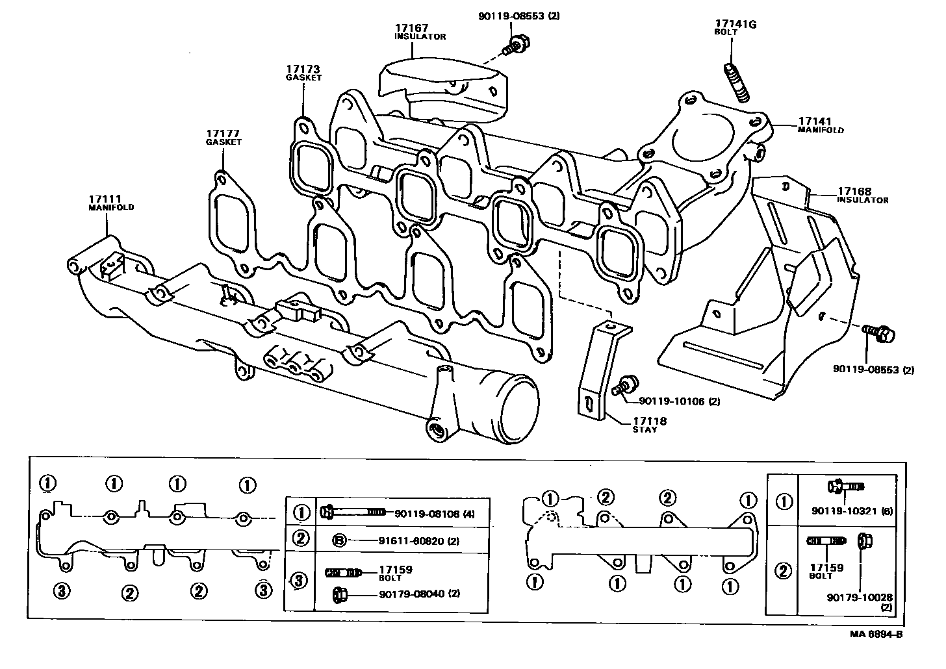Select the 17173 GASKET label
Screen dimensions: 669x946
click(303, 72)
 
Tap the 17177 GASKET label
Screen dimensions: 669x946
click(224, 137)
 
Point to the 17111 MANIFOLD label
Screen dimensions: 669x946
click(111, 203)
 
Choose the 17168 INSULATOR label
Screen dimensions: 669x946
click(862, 196)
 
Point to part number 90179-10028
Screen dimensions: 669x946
click(859, 597)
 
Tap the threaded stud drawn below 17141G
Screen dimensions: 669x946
click(736, 81)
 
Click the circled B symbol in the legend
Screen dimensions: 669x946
click(339, 540)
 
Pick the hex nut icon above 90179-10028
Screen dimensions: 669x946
click(864, 540)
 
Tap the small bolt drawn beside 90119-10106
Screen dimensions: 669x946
click(626, 384)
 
